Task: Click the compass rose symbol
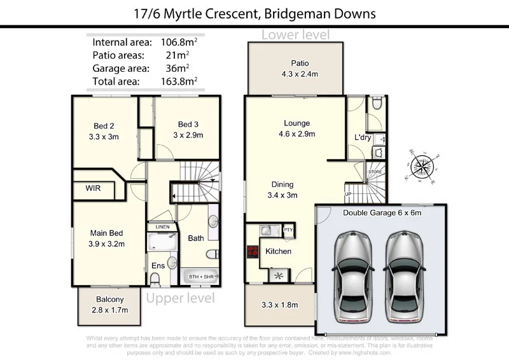(x=422, y=165)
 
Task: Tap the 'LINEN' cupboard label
(x=162, y=227)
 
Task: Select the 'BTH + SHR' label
(x=200, y=278)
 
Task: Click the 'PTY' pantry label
(x=288, y=230)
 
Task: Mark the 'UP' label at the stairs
(x=348, y=194)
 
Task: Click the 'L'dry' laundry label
(x=363, y=137)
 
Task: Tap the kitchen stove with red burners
(x=252, y=252)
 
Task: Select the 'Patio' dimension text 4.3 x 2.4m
(x=300, y=74)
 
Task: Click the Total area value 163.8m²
(x=179, y=81)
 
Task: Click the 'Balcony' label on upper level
(x=109, y=300)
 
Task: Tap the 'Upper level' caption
(x=180, y=298)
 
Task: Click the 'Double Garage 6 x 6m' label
(x=382, y=214)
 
